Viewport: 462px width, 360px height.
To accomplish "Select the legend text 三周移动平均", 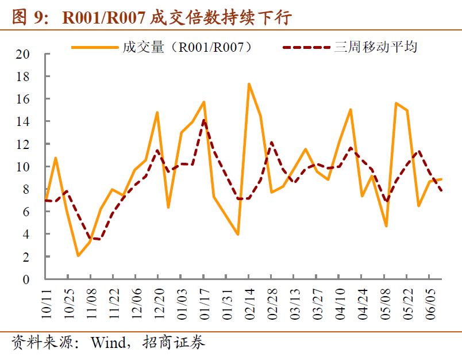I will tap(375, 47).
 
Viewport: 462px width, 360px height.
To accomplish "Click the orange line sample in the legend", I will tap(95, 47).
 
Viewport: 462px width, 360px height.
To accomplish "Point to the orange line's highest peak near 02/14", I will tap(248, 84).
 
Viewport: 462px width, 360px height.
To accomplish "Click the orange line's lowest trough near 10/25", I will tap(78, 256).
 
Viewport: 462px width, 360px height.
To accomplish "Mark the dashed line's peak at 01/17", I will tap(203, 120).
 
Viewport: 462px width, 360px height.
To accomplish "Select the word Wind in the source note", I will tap(107, 343).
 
